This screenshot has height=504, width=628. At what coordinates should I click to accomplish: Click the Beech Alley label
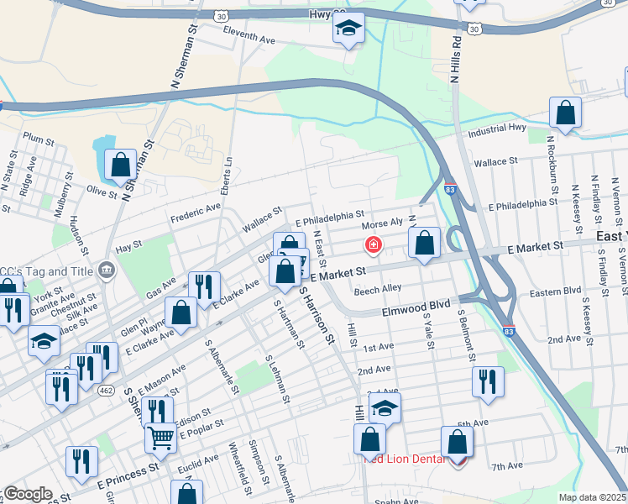pyautogui.click(x=377, y=289)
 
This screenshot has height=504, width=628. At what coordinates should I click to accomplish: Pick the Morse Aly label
pyautogui.click(x=383, y=224)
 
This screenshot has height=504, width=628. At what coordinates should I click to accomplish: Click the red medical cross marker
pyautogui.click(x=372, y=245)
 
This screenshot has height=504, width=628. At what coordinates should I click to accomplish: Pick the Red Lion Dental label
pyautogui.click(x=400, y=459)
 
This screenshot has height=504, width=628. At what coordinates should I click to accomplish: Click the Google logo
pyautogui.click(x=27, y=494)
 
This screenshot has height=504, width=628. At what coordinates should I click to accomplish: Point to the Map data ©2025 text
pyautogui.click(x=592, y=497)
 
